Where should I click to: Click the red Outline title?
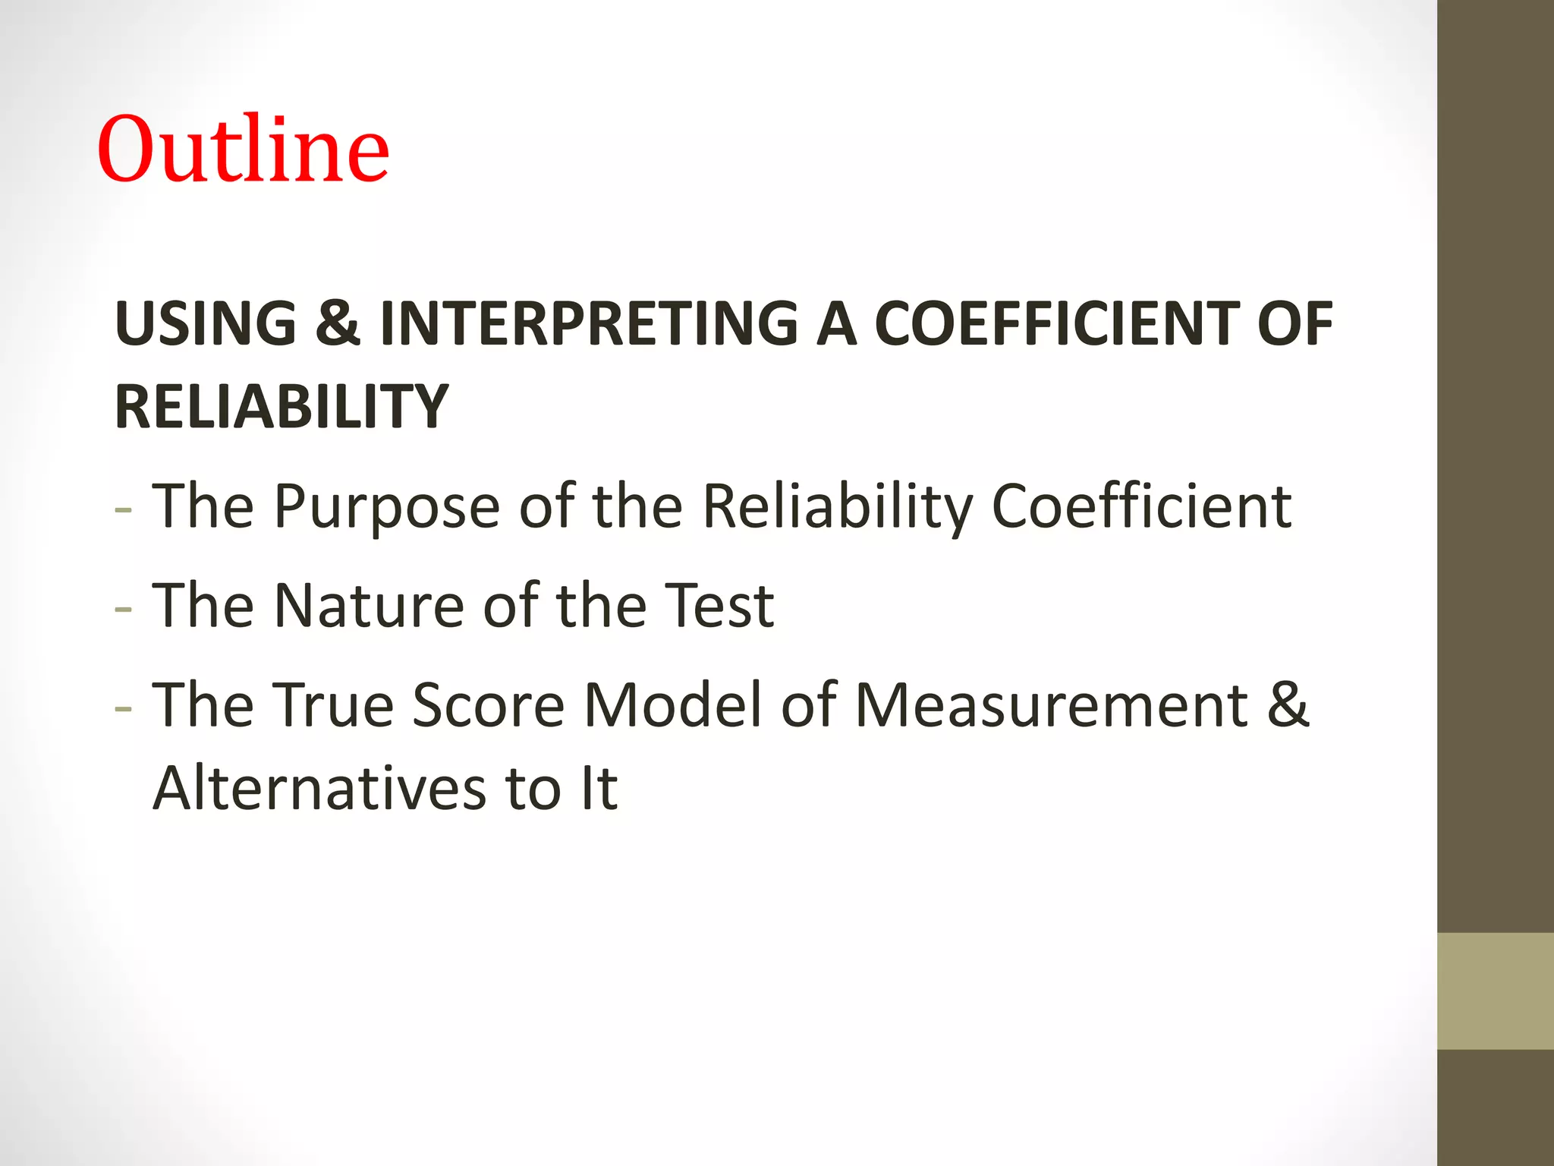[243, 150]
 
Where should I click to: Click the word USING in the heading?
[206, 324]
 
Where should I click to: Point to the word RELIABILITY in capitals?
[282, 408]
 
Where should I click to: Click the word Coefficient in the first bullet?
[1140, 507]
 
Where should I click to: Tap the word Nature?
[368, 607]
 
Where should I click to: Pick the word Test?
[719, 607]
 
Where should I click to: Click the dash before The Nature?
[123, 610]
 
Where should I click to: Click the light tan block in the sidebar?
[1495, 991]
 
